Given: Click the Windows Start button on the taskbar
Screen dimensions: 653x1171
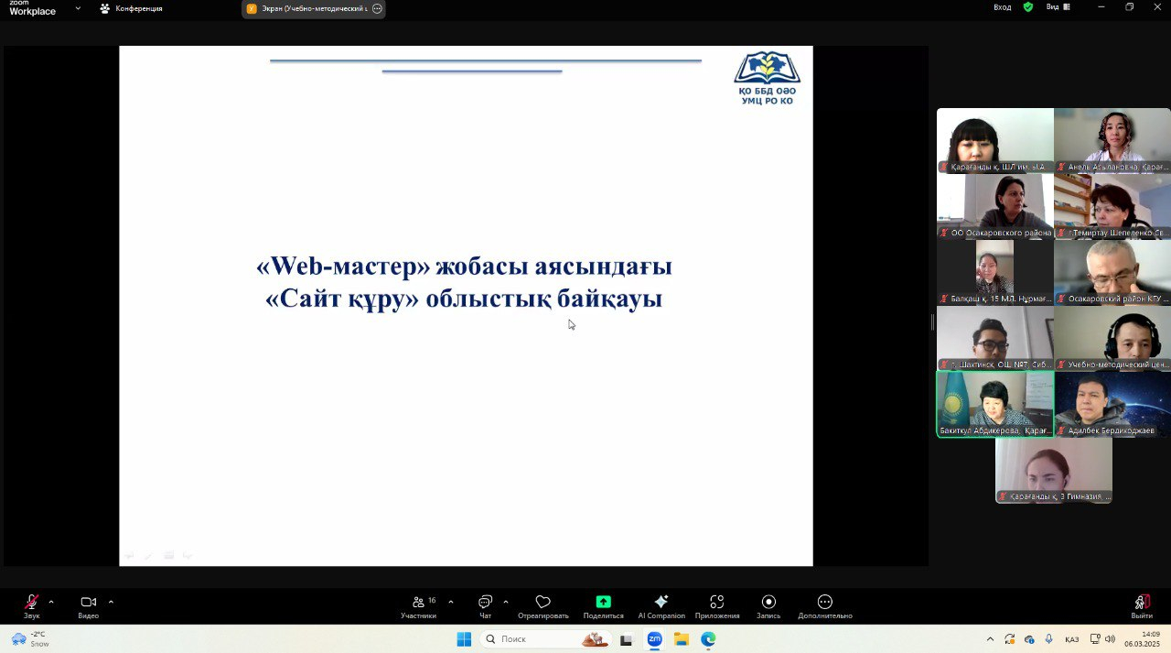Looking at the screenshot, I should tap(464, 639).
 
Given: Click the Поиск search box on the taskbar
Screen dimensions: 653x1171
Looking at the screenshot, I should tap(531, 639).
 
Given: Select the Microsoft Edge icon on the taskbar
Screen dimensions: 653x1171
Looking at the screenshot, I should tap(708, 639).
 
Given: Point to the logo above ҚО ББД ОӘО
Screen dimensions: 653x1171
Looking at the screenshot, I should tap(767, 68).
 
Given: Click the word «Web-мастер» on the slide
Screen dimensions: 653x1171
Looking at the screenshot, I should tap(343, 267).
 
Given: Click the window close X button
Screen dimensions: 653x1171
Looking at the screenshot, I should tap(1155, 7).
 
